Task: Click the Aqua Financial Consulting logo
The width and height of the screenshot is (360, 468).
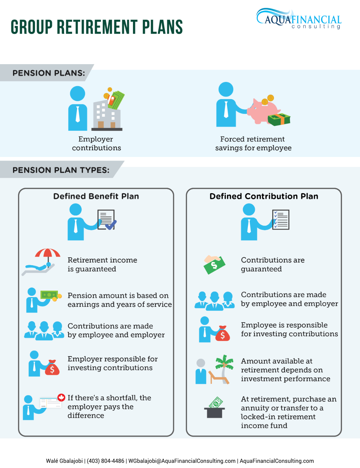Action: (299, 19)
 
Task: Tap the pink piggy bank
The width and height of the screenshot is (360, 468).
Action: (264, 111)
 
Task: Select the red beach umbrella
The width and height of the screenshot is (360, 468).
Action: (48, 254)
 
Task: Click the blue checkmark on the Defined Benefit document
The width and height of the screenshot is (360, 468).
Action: (111, 225)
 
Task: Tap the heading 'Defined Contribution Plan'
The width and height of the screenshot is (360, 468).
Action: (264, 196)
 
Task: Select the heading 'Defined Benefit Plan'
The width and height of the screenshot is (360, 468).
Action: (96, 196)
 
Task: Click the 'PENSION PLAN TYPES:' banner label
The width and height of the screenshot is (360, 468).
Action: (61, 170)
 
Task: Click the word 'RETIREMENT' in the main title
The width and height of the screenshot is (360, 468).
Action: (97, 27)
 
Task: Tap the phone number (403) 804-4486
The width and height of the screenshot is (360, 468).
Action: (106, 461)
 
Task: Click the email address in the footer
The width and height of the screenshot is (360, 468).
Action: (182, 461)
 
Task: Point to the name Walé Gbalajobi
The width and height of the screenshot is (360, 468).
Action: (64, 461)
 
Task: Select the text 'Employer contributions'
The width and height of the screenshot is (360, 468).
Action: (96, 143)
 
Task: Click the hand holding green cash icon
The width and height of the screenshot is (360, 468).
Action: (214, 265)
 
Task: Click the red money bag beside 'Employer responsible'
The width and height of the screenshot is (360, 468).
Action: (52, 367)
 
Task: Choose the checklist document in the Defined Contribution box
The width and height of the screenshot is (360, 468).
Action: (280, 220)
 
